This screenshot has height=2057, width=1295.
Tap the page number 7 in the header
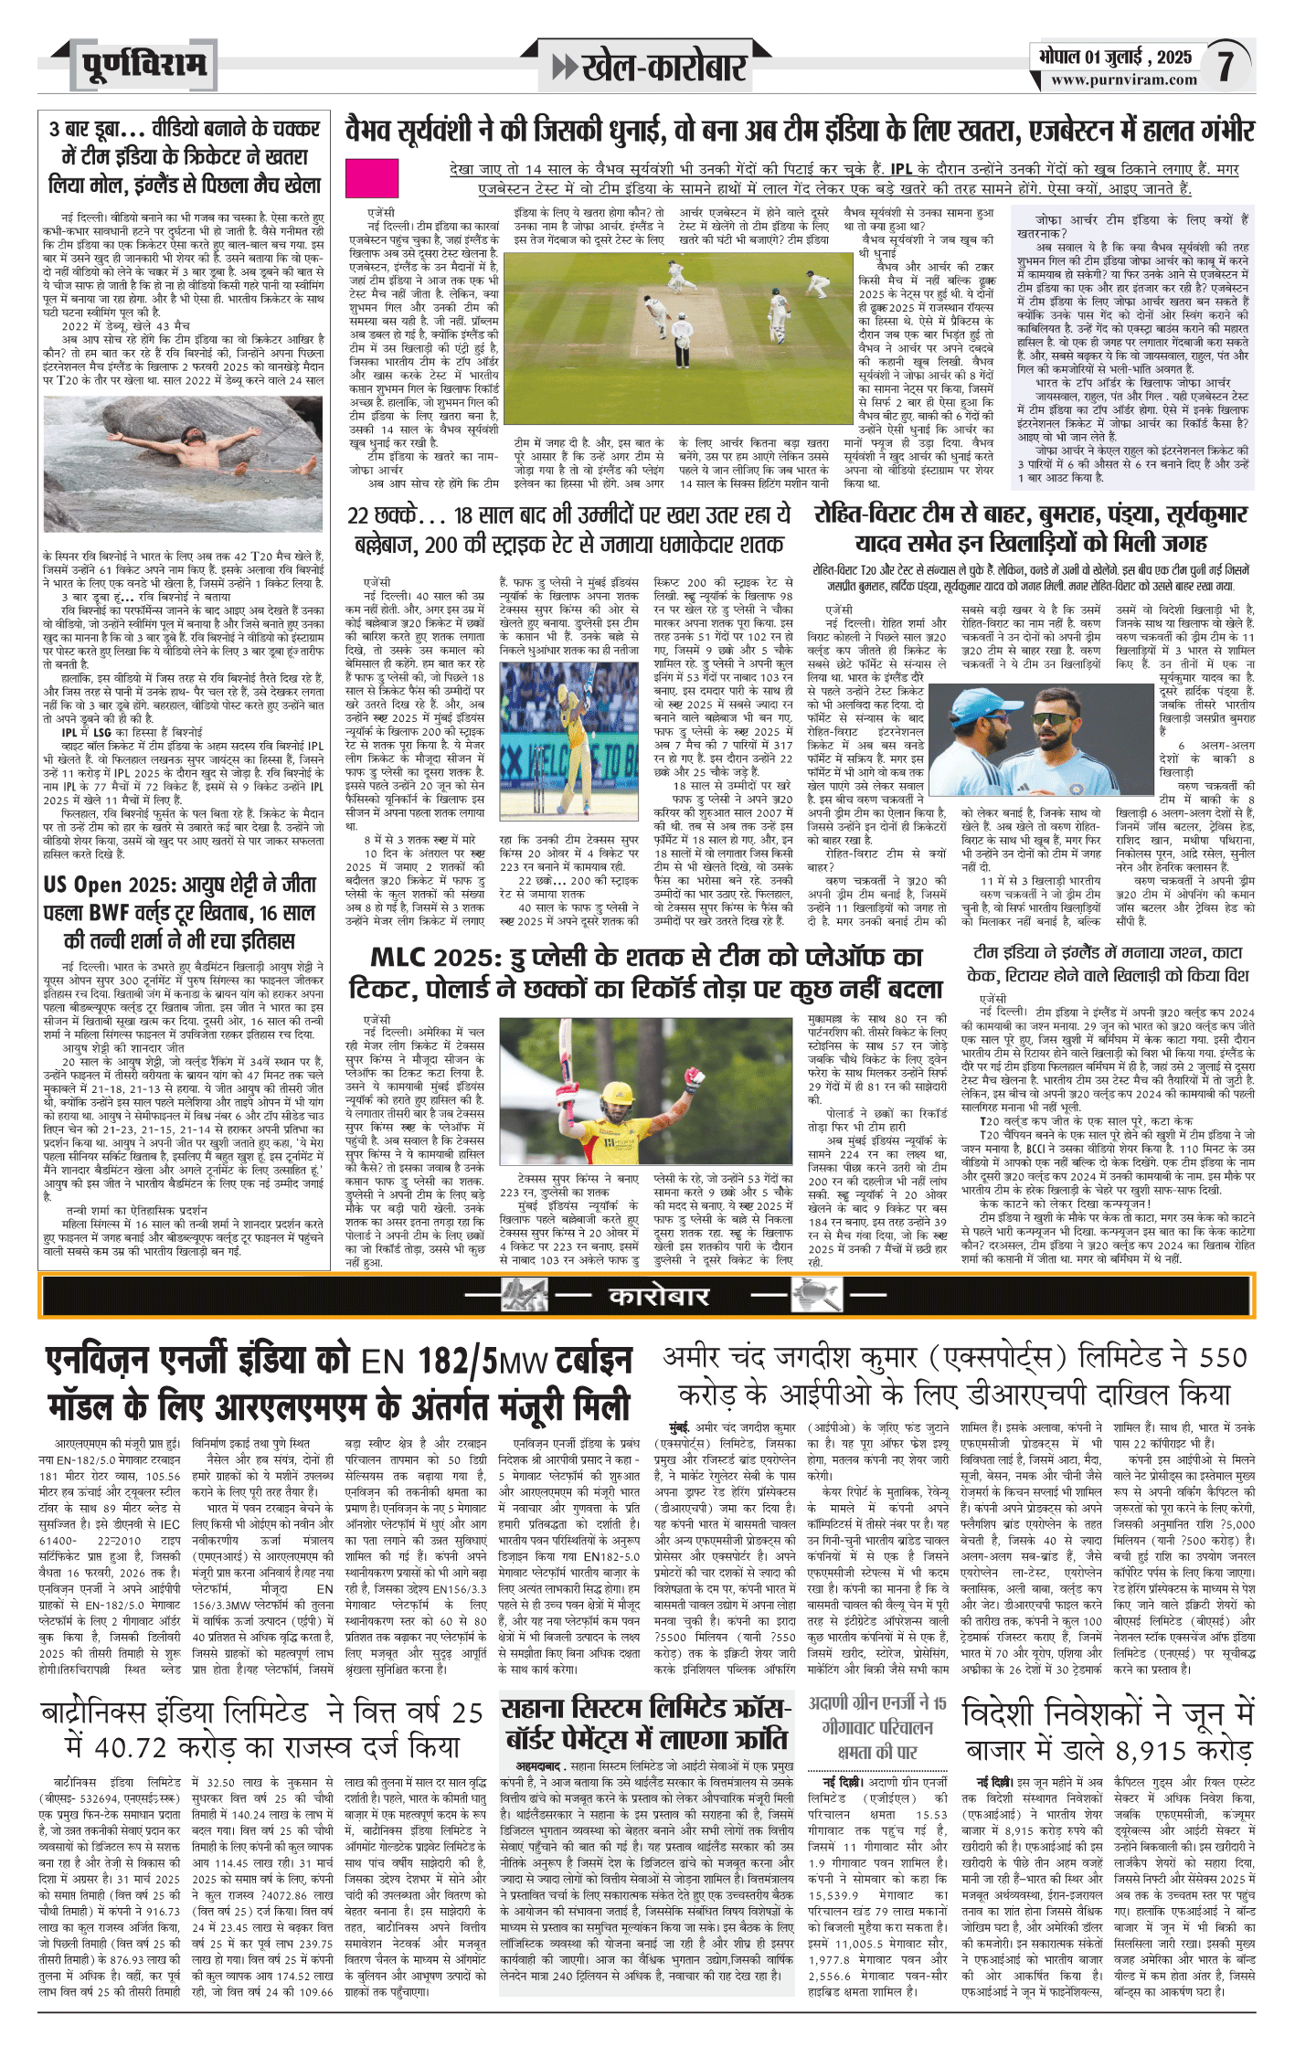(1226, 66)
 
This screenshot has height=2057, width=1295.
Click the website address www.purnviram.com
(1123, 80)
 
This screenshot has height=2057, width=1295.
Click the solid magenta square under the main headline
(372, 178)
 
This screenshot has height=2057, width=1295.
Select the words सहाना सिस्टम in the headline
(572, 1708)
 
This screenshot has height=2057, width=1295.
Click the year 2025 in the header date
(1173, 57)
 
